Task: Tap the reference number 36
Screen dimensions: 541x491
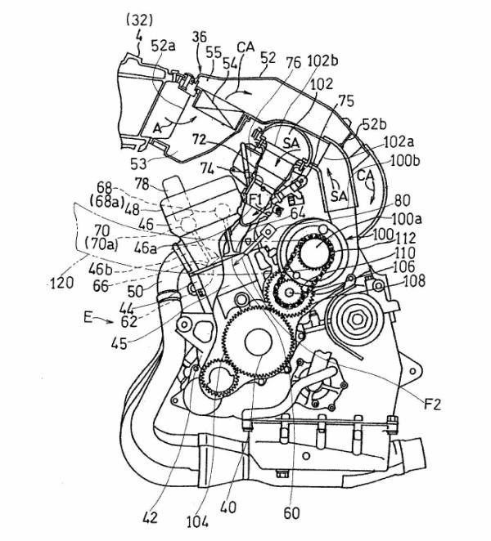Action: tap(199, 37)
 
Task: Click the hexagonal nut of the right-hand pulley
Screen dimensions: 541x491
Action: tap(356, 315)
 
